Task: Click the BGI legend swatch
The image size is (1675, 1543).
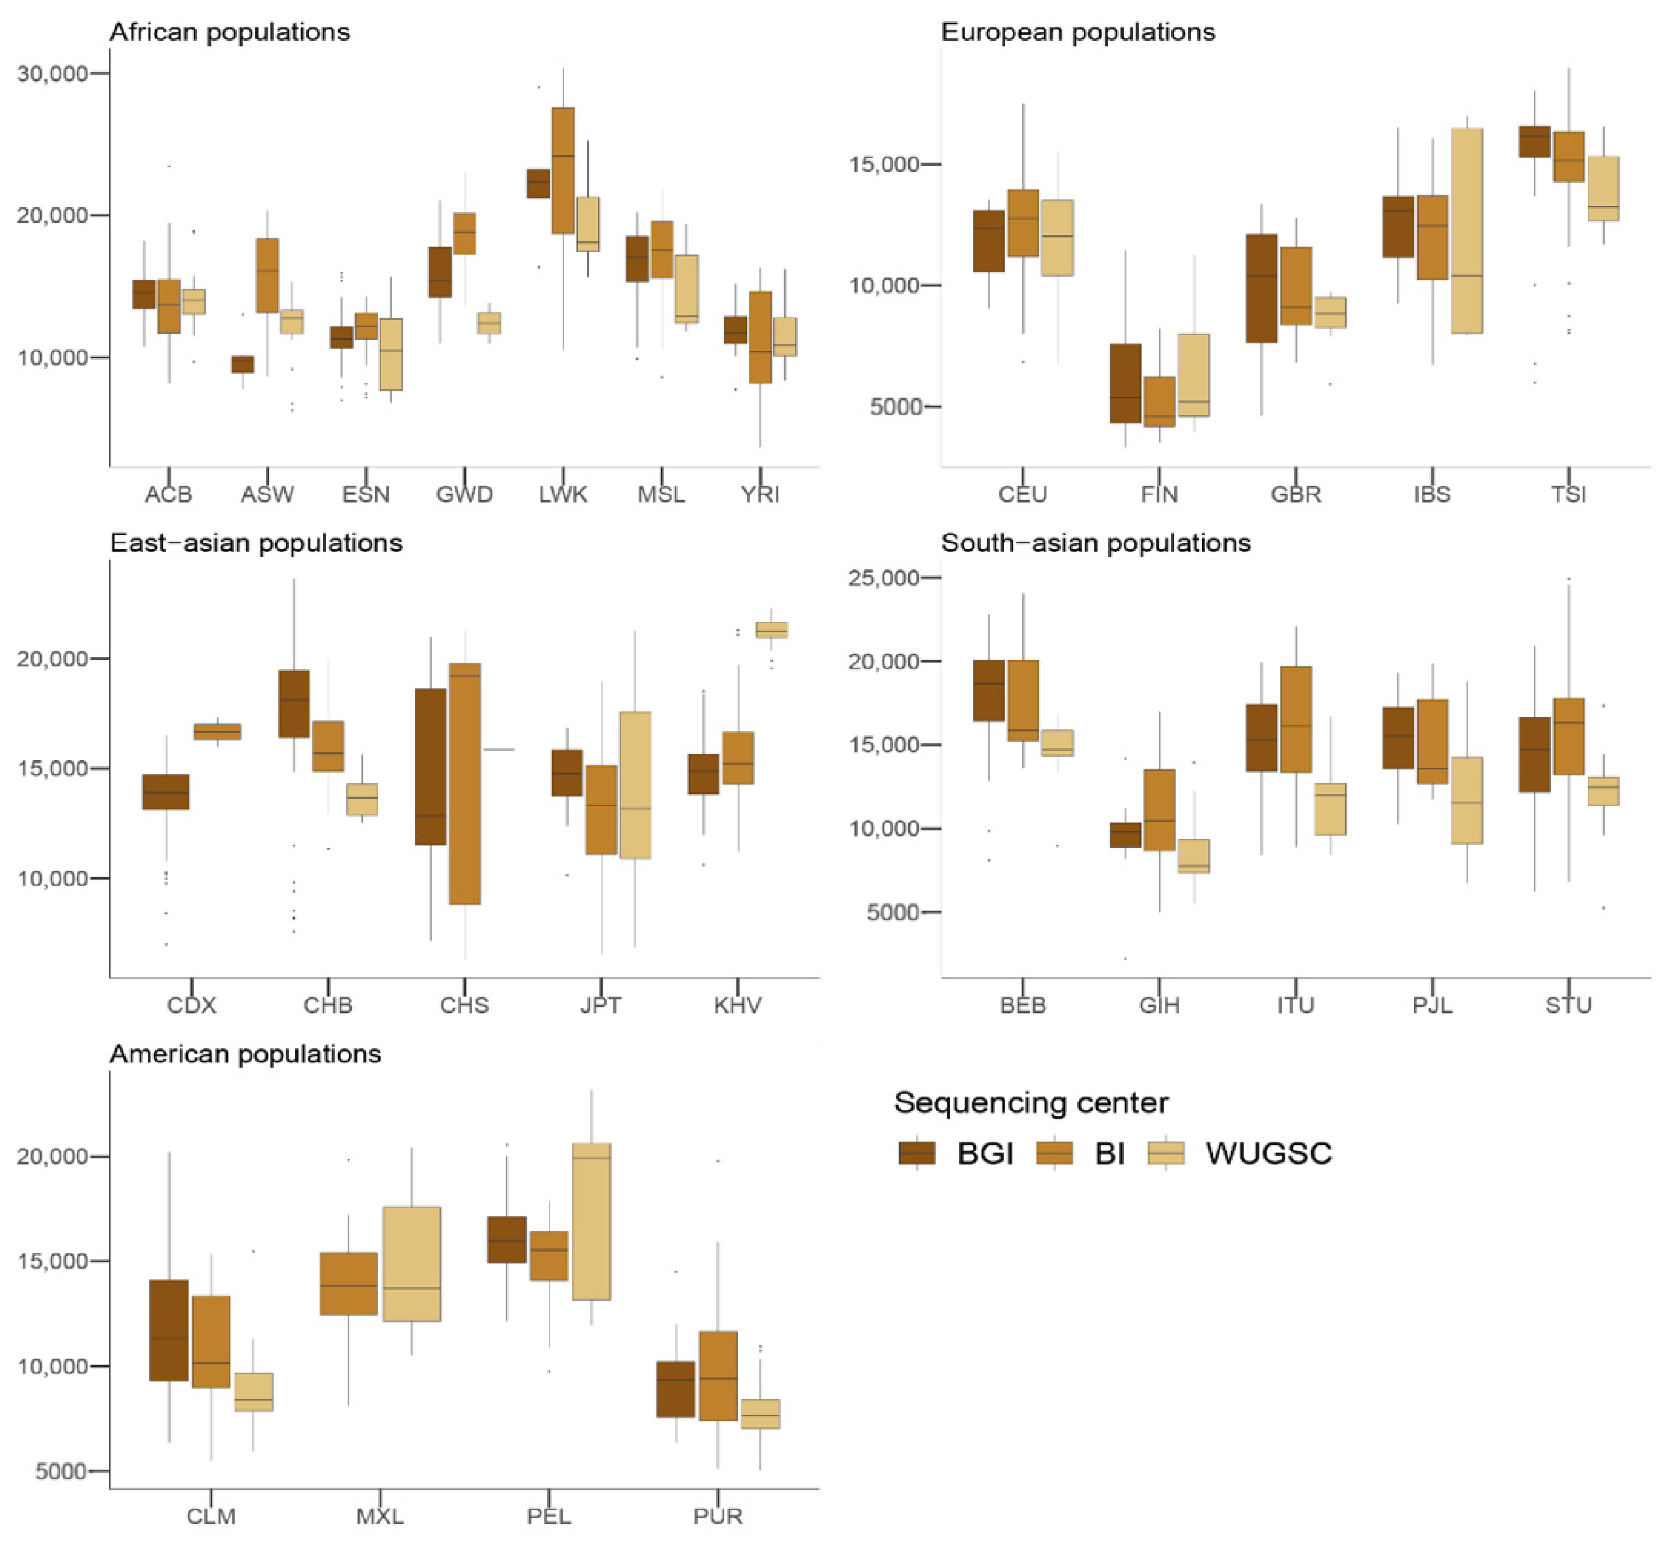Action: pos(916,1153)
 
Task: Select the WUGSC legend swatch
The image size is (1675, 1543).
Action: pos(1166,1153)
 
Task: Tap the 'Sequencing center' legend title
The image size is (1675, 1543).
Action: pos(1031,1103)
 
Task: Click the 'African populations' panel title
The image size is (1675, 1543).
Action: pos(229,32)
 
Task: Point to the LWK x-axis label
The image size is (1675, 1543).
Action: pos(563,494)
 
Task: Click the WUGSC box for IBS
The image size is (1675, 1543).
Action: pos(1467,230)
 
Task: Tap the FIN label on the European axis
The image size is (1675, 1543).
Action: pos(1159,494)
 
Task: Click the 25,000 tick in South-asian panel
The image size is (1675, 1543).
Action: pos(883,578)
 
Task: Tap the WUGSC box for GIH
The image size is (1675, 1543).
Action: pos(1193,857)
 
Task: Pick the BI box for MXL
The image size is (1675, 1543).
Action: pos(349,1284)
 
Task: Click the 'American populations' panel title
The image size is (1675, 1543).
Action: pos(246,1054)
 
